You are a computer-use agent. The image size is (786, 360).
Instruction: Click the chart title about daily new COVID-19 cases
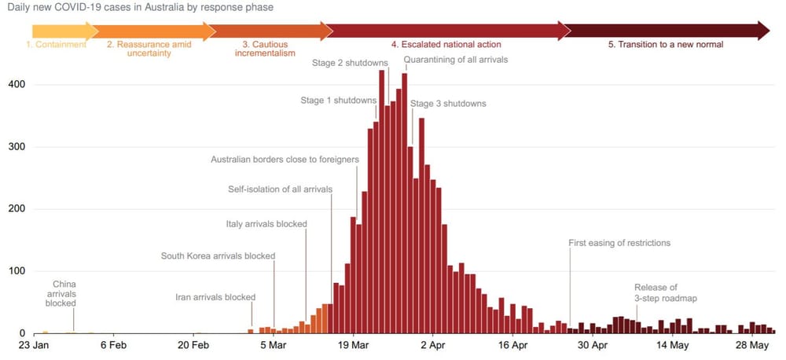pos(140,7)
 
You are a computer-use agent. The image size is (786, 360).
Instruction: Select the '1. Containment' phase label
pos(56,45)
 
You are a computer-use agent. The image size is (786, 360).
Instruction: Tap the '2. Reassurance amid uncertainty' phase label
pos(149,49)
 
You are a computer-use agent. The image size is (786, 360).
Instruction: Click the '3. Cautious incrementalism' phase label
pos(265,49)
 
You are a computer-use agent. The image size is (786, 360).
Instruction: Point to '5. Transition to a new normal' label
pos(666,45)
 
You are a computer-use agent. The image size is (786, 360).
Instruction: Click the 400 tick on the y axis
pos(17,84)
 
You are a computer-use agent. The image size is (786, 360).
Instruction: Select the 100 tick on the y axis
pos(17,271)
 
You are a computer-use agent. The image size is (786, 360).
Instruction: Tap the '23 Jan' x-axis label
pos(35,345)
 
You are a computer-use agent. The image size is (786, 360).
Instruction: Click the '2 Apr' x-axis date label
pos(432,345)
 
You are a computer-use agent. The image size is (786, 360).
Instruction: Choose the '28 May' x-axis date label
pos(752,345)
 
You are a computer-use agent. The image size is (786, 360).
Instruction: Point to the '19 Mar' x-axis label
pos(353,345)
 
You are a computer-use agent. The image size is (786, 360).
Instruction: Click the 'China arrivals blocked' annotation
pos(61,293)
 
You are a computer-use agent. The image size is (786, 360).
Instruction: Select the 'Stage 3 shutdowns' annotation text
pos(448,104)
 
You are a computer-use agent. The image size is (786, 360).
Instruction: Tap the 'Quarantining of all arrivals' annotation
pos(456,60)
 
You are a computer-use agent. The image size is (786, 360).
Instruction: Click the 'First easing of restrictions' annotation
pos(619,243)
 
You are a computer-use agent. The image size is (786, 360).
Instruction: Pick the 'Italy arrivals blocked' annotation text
pos(266,224)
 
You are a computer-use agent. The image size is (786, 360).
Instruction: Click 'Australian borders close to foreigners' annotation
pos(285,160)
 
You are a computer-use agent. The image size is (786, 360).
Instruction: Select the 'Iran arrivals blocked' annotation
pos(215,297)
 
